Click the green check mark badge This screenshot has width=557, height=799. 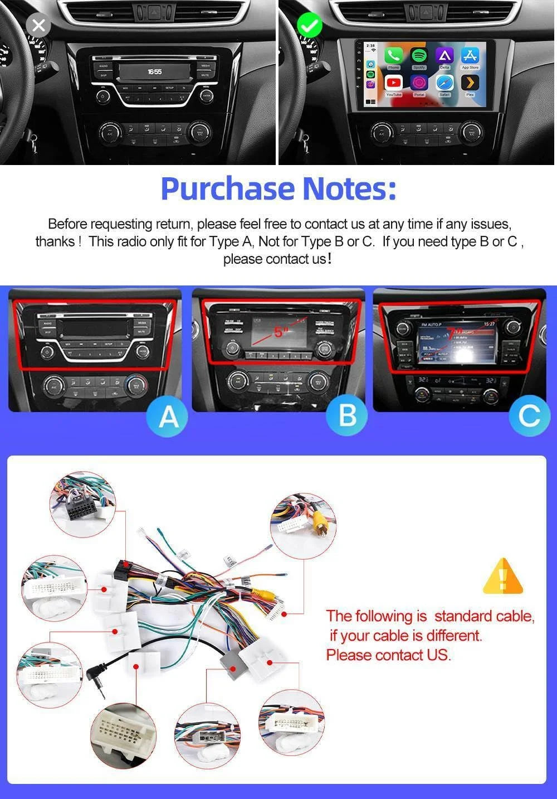coord(310,26)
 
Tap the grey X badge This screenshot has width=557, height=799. coord(38,25)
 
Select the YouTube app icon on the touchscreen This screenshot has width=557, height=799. coord(394,83)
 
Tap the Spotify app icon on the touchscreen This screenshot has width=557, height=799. coord(419,56)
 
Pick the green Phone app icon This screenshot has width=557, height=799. coord(394,56)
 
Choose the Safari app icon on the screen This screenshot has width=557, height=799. coord(444,83)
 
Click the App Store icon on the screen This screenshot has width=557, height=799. coord(470,56)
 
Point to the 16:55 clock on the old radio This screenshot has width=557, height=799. coord(154,72)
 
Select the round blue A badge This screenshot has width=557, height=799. coord(169,416)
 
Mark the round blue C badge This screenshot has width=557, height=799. coord(529,415)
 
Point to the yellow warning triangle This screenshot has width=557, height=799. coord(502,577)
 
